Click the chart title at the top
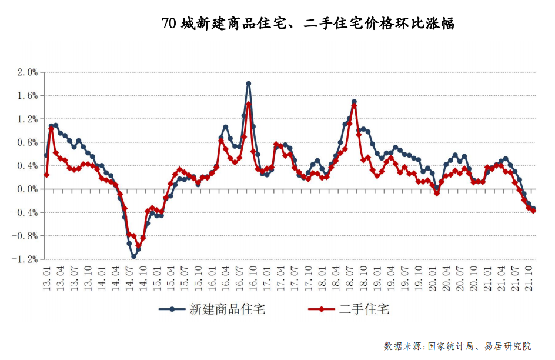point(307,24)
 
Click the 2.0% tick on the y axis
point(27,72)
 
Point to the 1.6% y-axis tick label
point(27,96)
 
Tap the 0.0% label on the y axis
point(27,189)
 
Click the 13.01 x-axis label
point(46,275)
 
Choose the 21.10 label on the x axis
point(529,275)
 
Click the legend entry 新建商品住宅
point(212,309)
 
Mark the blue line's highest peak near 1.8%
point(249,84)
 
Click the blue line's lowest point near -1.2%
point(133,256)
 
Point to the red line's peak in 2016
point(249,104)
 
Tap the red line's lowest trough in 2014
point(139,246)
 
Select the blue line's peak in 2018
point(354,102)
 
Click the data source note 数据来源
point(457,345)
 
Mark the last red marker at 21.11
point(533,211)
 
